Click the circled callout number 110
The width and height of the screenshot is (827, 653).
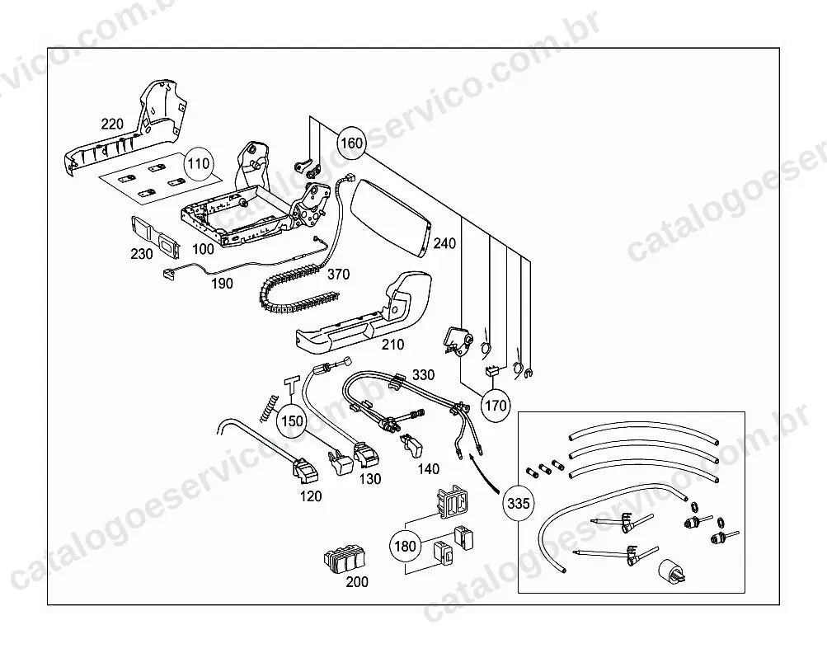tap(199, 163)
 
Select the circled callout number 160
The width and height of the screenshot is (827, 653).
tap(352, 143)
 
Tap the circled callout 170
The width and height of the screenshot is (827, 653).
tap(496, 406)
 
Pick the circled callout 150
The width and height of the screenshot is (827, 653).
tap(292, 421)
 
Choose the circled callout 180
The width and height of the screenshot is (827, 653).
tap(405, 546)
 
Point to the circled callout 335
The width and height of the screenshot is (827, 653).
tap(518, 503)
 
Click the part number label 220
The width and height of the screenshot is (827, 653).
tap(112, 124)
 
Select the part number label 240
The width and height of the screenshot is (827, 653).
tap(444, 244)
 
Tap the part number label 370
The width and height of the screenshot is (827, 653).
tap(338, 275)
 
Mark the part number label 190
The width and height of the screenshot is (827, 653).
tap(222, 284)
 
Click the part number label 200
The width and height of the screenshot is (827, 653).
tap(357, 582)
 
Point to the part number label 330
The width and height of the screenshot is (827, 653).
tap(424, 375)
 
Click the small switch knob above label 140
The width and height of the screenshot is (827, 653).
tap(413, 446)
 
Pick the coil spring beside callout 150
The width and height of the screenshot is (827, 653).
tap(268, 408)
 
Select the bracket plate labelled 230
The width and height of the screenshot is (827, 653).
tap(154, 237)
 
